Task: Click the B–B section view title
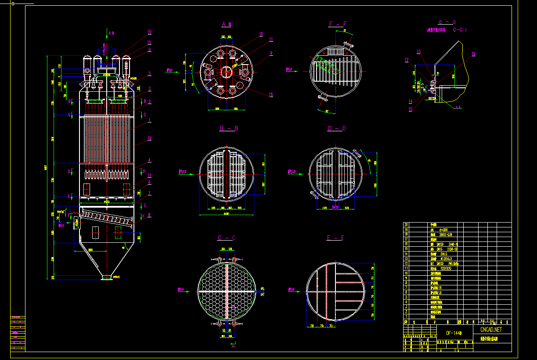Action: click(x=228, y=129)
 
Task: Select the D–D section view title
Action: click(x=337, y=129)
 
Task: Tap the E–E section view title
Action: click(x=335, y=238)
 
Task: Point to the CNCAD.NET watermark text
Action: click(x=491, y=329)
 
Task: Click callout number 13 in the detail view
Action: click(x=418, y=52)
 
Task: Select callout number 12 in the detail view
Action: click(x=407, y=60)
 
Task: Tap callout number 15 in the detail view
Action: click(x=411, y=109)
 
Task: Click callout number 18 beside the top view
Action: click(x=271, y=94)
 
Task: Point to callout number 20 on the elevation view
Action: click(x=150, y=32)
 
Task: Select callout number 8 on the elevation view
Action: click(x=149, y=215)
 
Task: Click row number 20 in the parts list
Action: click(x=406, y=225)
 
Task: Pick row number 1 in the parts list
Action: click(x=406, y=316)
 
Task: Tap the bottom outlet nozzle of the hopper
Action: click(x=106, y=277)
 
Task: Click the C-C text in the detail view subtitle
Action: click(x=459, y=30)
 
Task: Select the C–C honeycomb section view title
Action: click(x=227, y=238)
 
